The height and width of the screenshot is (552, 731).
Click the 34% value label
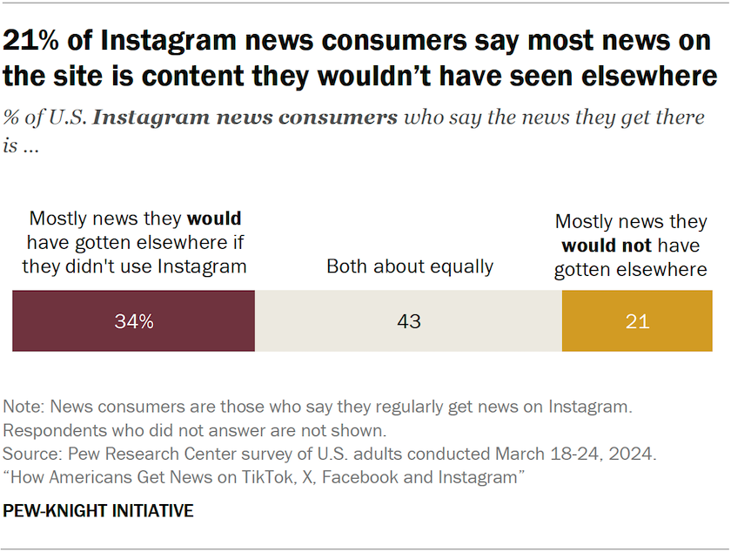click(x=134, y=321)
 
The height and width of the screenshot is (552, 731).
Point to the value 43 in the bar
click(x=408, y=321)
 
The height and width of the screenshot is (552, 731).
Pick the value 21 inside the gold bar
click(x=637, y=321)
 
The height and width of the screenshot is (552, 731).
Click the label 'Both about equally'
click(x=410, y=266)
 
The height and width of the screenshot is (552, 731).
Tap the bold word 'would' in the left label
click(x=215, y=219)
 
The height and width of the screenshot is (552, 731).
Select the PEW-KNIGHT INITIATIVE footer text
click(x=98, y=511)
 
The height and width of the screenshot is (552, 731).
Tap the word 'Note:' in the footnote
click(x=23, y=407)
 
